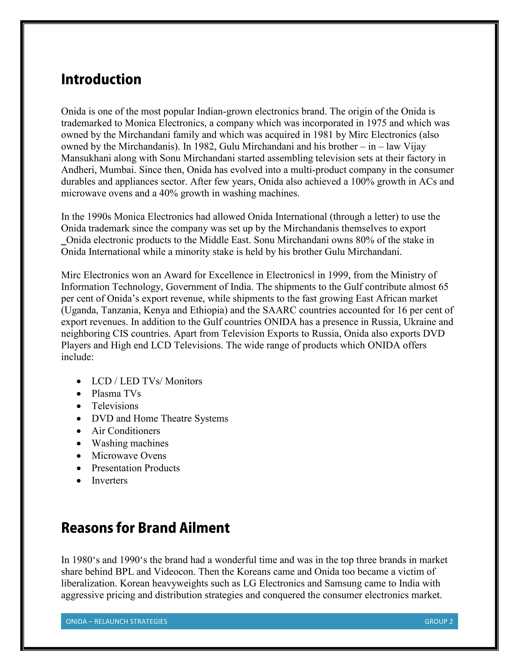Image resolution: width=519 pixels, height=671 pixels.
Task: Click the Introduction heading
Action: click(x=101, y=79)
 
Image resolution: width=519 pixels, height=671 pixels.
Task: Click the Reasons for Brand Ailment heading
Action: click(x=145, y=528)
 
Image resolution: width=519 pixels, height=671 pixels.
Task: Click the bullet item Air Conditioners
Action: click(x=126, y=431)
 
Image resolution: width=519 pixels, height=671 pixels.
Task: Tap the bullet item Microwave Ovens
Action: click(x=129, y=456)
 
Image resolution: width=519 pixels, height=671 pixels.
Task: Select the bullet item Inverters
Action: click(x=109, y=481)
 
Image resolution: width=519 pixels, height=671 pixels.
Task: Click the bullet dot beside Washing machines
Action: click(x=79, y=444)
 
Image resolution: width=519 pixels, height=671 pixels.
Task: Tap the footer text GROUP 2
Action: click(x=438, y=622)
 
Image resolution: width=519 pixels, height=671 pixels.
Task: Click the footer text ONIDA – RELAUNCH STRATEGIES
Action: click(x=117, y=622)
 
